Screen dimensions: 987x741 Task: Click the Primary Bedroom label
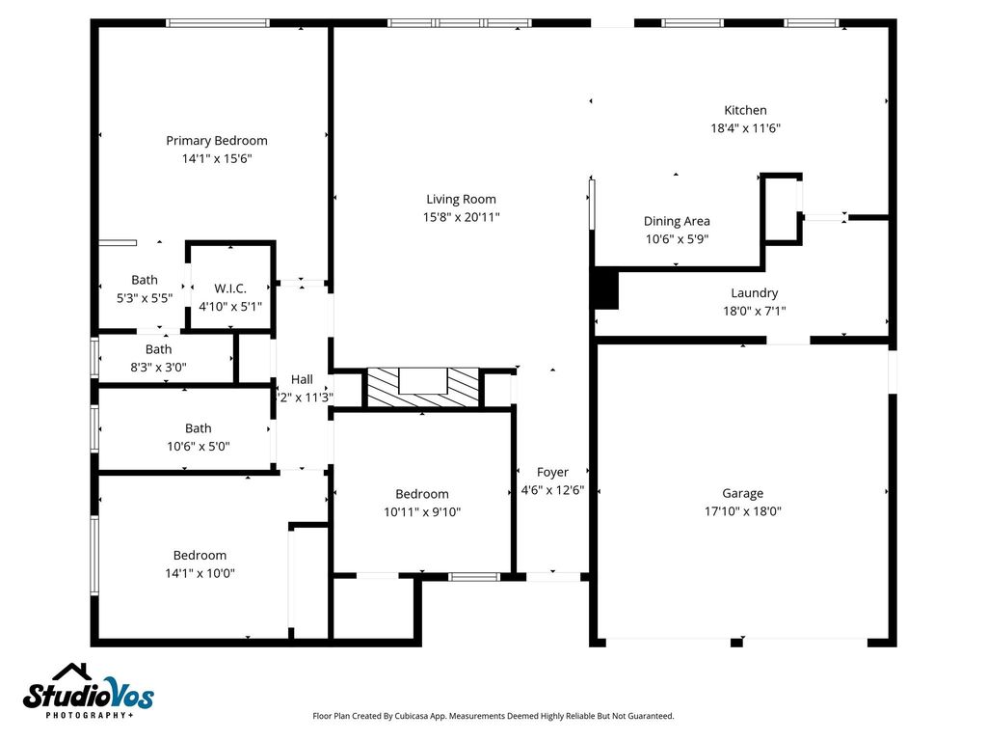point(217,141)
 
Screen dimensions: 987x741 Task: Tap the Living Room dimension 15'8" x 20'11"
point(462,217)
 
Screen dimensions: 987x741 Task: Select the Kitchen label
point(745,110)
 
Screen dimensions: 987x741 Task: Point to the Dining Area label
point(677,221)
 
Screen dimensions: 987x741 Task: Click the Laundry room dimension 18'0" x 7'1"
point(754,311)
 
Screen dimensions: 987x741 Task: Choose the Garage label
point(743,493)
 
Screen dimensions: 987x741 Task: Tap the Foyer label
point(552,472)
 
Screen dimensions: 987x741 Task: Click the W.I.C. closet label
point(230,288)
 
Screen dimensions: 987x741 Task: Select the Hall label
point(302,379)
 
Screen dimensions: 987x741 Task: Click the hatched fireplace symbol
point(423,388)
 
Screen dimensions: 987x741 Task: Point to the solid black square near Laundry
point(606,288)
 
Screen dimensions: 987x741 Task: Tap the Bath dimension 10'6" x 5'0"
point(199,447)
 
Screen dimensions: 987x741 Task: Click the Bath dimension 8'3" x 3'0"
point(159,368)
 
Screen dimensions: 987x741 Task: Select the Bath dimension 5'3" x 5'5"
point(145,298)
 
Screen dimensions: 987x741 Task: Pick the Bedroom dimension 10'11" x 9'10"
point(422,512)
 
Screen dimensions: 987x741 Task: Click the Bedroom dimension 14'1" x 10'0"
point(200,573)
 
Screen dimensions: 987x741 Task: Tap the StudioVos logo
point(88,691)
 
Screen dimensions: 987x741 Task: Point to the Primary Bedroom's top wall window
point(218,23)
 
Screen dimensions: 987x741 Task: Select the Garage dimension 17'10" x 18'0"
point(743,511)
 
